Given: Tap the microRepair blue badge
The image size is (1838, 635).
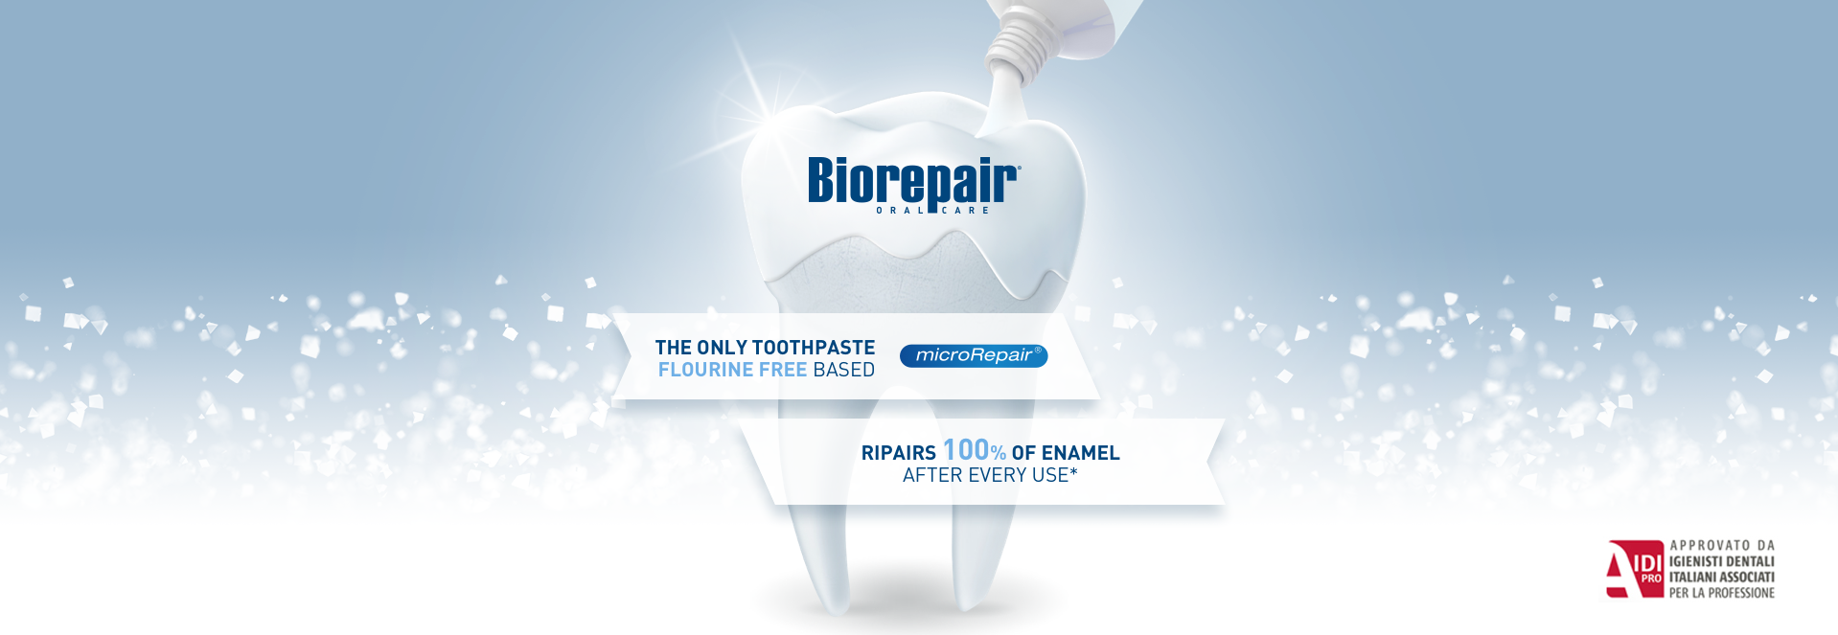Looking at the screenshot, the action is [974, 355].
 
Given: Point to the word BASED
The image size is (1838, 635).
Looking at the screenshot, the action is [843, 370].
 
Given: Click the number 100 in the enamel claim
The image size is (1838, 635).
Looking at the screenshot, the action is [966, 449].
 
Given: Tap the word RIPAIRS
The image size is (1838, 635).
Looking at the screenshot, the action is [898, 453].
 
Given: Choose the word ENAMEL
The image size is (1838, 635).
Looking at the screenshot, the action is [1080, 453].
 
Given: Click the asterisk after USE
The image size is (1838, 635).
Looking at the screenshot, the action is [1074, 471].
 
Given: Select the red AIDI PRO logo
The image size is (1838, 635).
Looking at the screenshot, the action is [1635, 569].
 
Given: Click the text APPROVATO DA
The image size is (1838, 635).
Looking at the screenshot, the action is [1722, 545].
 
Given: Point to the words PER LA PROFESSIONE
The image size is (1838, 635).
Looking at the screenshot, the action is [1722, 593].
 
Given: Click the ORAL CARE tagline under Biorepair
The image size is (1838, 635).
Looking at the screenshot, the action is [932, 210].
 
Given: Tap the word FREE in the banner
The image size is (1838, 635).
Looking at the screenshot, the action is [783, 370].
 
